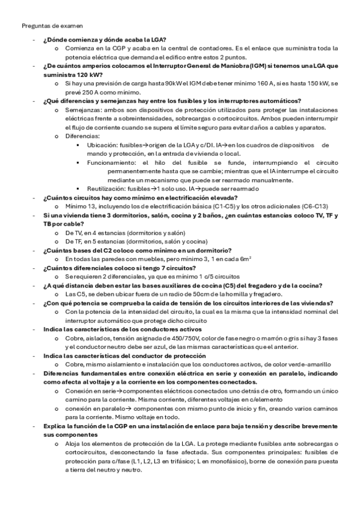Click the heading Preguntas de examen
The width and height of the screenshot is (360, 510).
tap(52, 26)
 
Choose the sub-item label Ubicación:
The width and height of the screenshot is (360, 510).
tap(103, 145)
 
